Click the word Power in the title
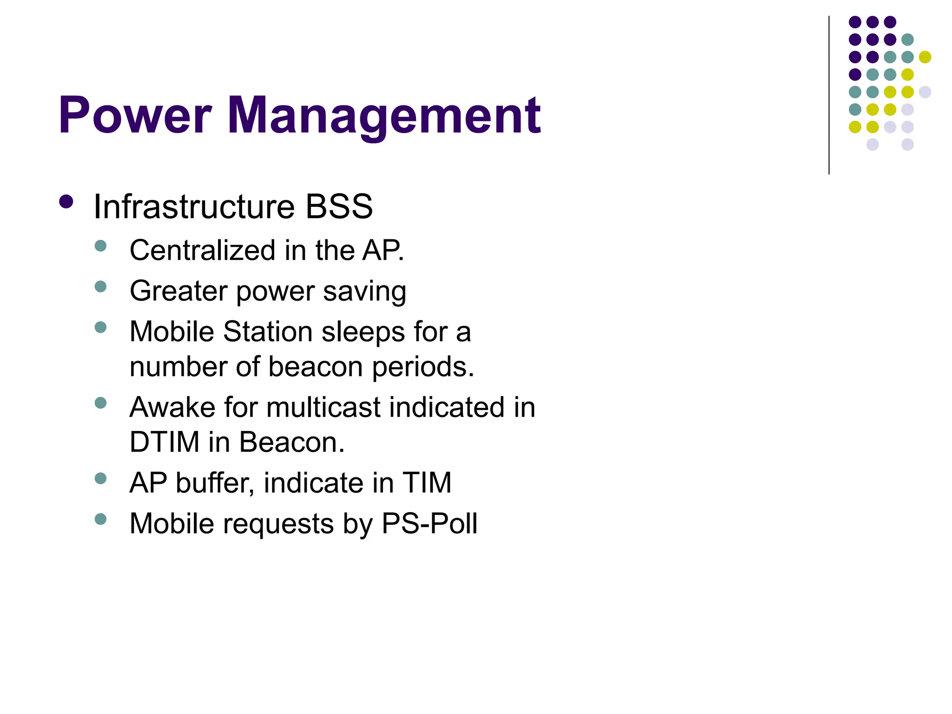coord(135,115)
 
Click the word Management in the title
coord(384,116)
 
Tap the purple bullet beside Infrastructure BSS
coord(66,202)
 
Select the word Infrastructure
coord(194,206)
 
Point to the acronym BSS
coord(339,206)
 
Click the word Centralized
coord(203,251)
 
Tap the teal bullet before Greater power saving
coord(100,286)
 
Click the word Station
coord(268,332)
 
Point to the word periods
coord(423,367)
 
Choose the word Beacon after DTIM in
coord(292,442)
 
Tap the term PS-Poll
coord(429,524)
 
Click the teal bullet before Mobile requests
coord(100,519)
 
